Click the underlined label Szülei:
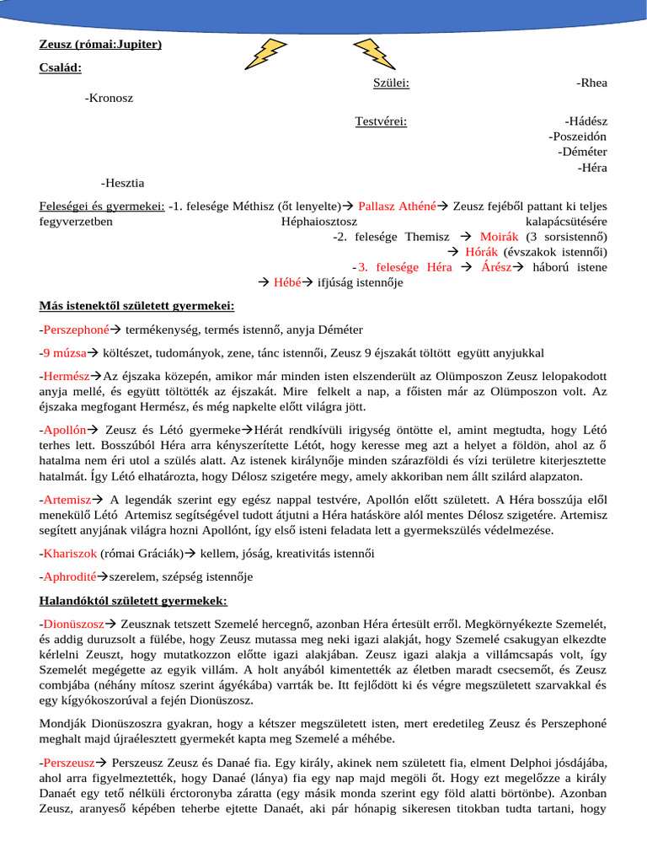point(391,83)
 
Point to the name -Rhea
point(591,83)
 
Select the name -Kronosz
point(109,98)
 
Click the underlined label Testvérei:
point(381,121)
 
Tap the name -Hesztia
point(121,182)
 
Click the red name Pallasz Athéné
point(397,206)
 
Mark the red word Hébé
point(287,282)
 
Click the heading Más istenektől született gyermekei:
point(136,305)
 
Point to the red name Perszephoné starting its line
point(77,329)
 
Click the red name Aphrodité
point(71,576)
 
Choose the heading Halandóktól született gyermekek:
point(133,600)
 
